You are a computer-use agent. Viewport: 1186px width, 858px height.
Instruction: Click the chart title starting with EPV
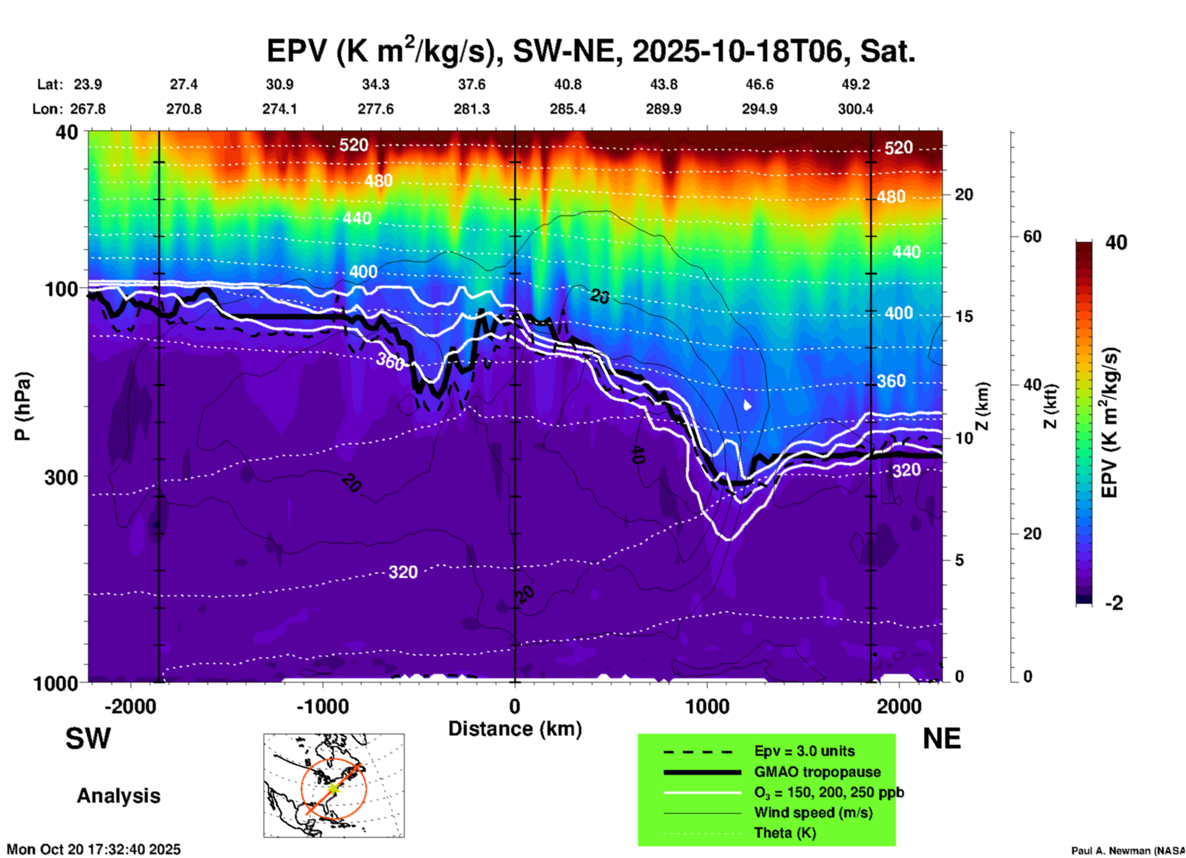click(x=591, y=51)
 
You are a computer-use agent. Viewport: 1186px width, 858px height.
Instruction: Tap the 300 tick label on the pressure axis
click(x=61, y=477)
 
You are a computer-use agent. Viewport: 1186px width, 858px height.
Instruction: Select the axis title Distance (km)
click(x=515, y=729)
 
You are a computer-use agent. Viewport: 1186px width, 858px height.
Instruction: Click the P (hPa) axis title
click(x=23, y=406)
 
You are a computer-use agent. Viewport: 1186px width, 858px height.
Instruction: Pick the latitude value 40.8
click(x=567, y=84)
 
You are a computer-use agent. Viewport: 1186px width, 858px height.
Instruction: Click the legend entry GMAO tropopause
click(x=817, y=772)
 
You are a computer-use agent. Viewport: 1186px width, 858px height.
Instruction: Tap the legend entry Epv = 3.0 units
click(x=804, y=751)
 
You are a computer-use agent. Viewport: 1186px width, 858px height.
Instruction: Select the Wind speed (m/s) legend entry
click(x=813, y=812)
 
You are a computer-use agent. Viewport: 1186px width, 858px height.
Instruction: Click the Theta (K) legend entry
click(x=785, y=833)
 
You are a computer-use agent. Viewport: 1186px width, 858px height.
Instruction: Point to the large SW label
click(x=88, y=739)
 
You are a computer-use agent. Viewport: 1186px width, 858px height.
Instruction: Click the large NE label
click(x=942, y=739)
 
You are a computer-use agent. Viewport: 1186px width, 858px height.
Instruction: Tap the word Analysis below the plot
click(x=118, y=796)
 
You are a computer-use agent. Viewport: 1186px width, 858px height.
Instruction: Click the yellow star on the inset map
click(x=333, y=788)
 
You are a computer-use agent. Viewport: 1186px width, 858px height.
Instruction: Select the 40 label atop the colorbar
click(x=1116, y=243)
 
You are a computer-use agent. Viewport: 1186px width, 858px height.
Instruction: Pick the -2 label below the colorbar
click(x=1114, y=603)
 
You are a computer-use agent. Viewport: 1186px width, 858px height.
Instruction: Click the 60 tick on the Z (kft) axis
click(x=1032, y=236)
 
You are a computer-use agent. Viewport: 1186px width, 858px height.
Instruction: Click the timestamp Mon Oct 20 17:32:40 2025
click(x=94, y=849)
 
